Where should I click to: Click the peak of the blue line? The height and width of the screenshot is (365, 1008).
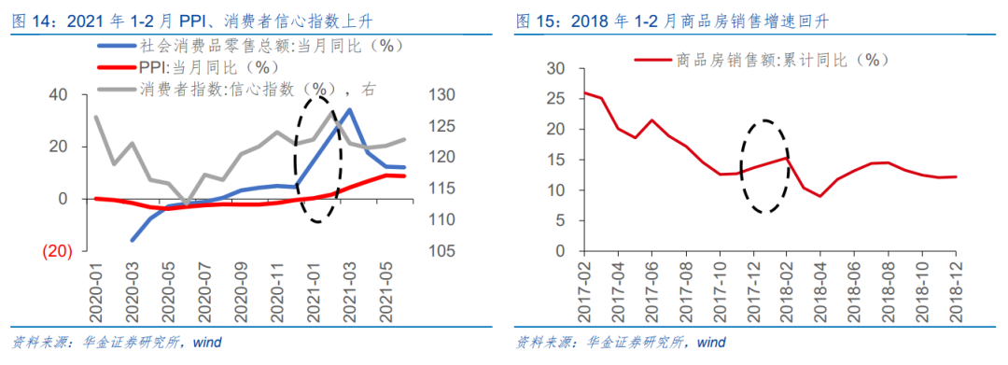pos(349,109)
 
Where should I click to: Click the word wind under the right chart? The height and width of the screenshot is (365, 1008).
pos(710,342)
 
